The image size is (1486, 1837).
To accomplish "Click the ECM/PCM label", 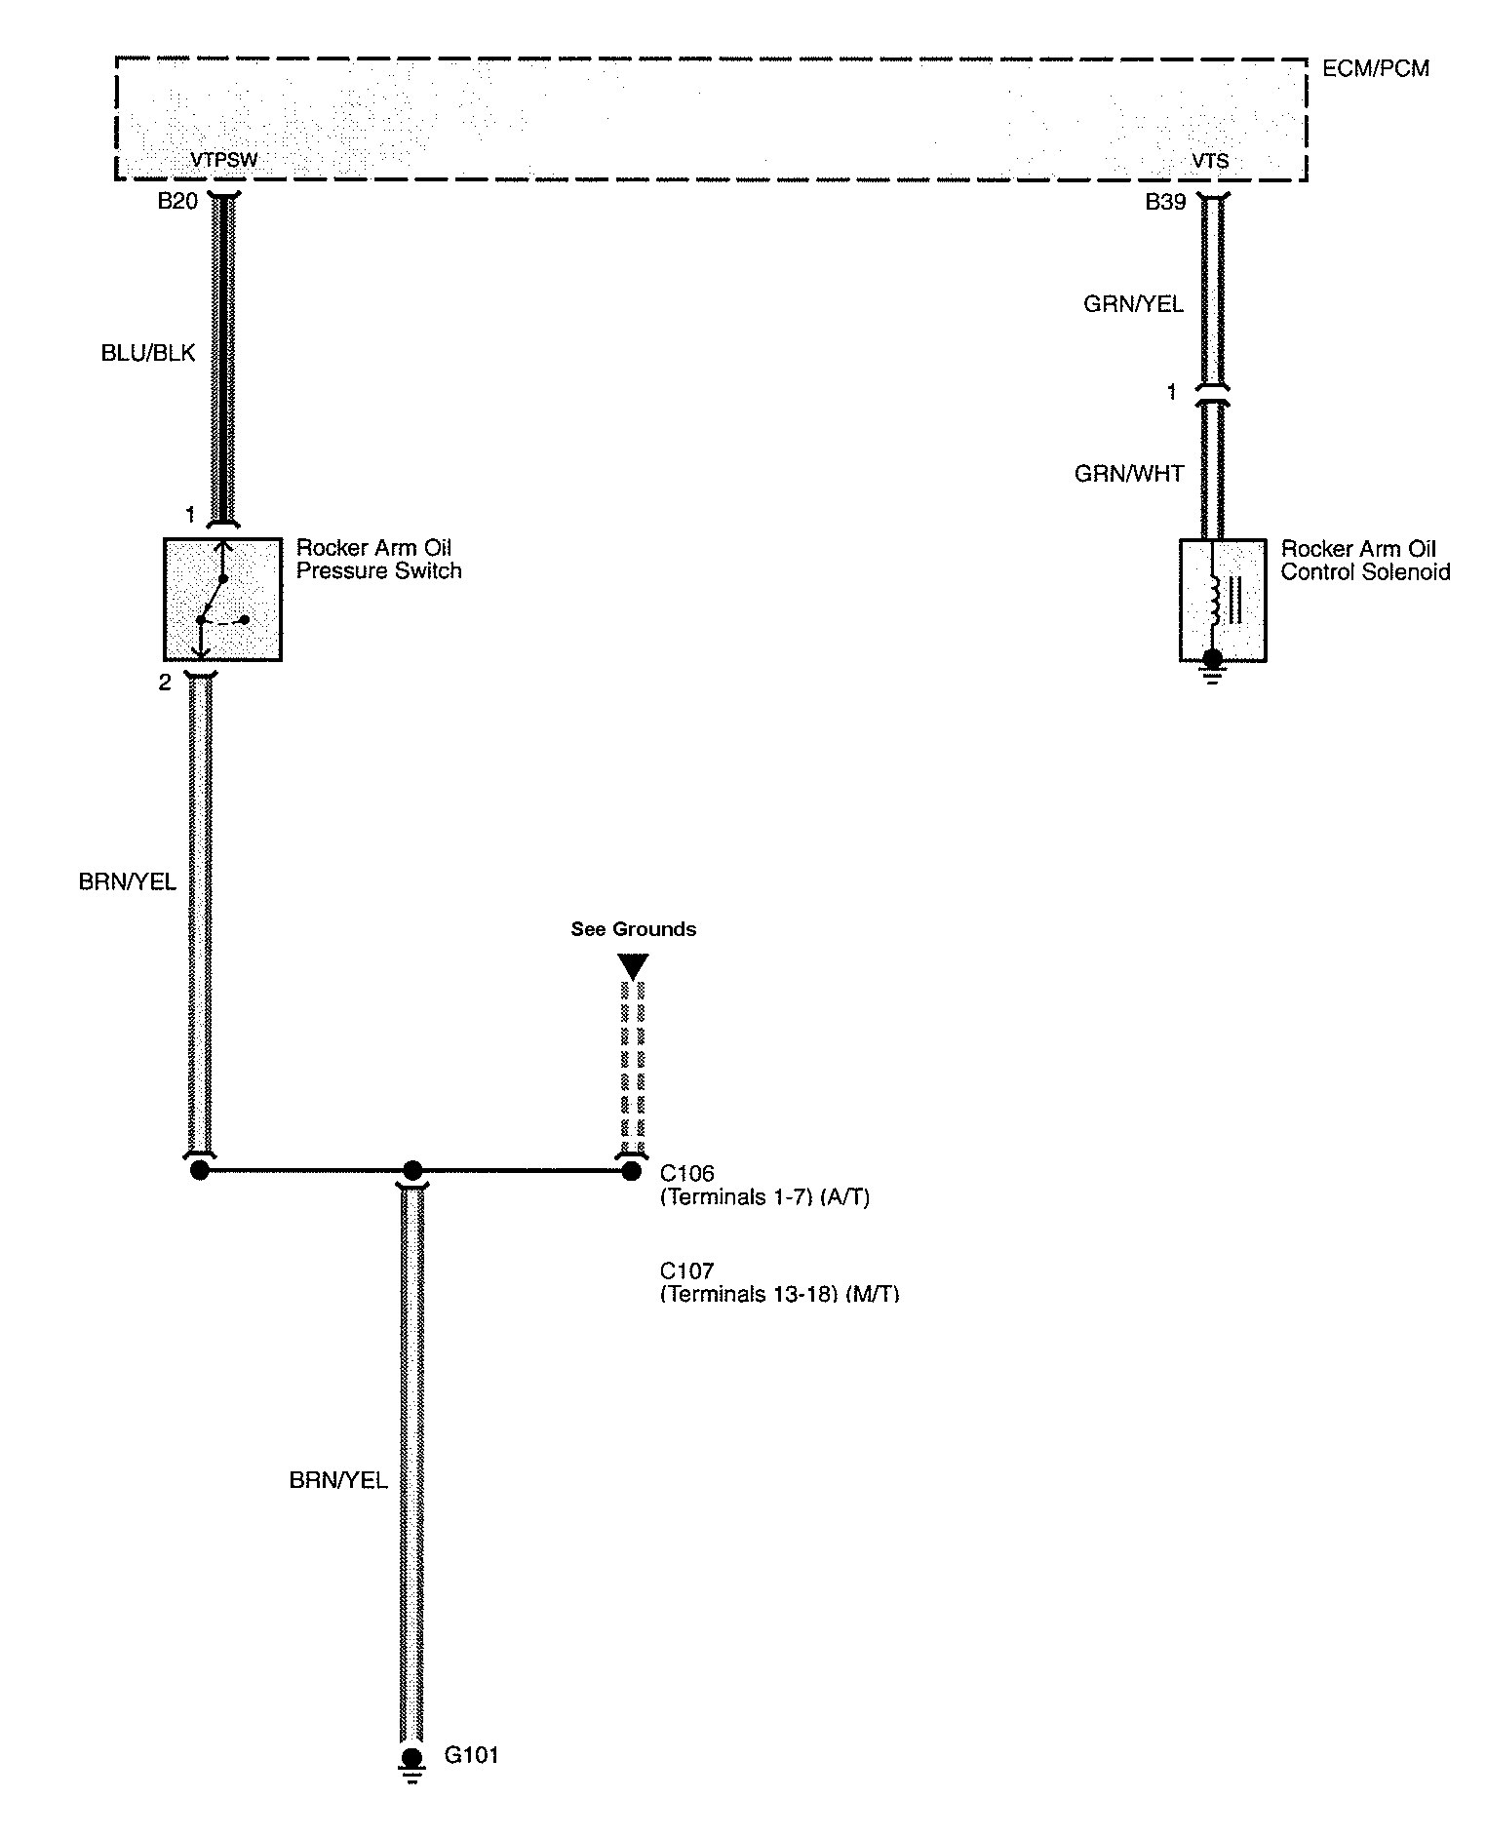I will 1375,68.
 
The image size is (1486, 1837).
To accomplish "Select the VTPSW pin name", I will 224,160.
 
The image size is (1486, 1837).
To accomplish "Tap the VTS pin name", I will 1210,161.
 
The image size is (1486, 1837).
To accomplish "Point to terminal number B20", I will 177,202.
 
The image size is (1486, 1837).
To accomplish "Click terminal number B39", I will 1165,202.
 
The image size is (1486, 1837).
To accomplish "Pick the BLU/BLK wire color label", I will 148,353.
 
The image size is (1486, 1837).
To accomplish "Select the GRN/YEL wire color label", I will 1133,304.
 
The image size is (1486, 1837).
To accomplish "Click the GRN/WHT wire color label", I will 1129,474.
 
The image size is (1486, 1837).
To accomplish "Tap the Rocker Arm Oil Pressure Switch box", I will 222,599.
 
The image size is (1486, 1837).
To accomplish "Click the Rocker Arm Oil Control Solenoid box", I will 1223,600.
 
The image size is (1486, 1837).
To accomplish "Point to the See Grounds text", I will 634,929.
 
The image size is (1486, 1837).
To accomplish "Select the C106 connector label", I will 687,1173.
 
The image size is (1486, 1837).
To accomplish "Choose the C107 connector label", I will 687,1270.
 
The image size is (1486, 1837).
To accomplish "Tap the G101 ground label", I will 472,1755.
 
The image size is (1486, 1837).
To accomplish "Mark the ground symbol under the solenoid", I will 1212,668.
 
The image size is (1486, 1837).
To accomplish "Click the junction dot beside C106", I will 632,1170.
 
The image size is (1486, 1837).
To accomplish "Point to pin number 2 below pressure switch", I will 165,683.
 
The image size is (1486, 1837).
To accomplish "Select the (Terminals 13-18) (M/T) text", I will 779,1295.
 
